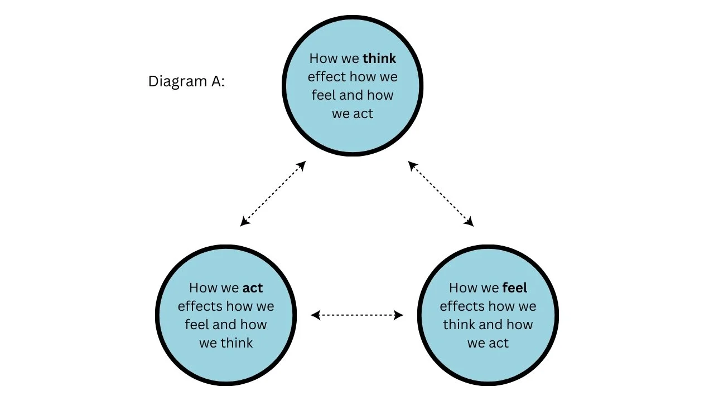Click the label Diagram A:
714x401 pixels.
(186, 81)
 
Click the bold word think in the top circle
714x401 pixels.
(379, 58)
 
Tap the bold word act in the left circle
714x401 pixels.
(253, 288)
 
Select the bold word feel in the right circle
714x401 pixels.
(515, 288)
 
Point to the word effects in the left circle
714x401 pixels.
(200, 306)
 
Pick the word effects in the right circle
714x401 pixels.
(462, 306)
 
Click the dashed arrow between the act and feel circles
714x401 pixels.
(357, 315)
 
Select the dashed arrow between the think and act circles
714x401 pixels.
(273, 194)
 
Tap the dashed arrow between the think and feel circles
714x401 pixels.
(441, 194)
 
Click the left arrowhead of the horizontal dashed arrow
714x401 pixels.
(315, 315)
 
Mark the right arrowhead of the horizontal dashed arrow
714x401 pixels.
(399, 315)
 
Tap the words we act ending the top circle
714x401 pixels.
(353, 114)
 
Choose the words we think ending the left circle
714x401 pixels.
(226, 343)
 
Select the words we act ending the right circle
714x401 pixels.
(488, 343)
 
